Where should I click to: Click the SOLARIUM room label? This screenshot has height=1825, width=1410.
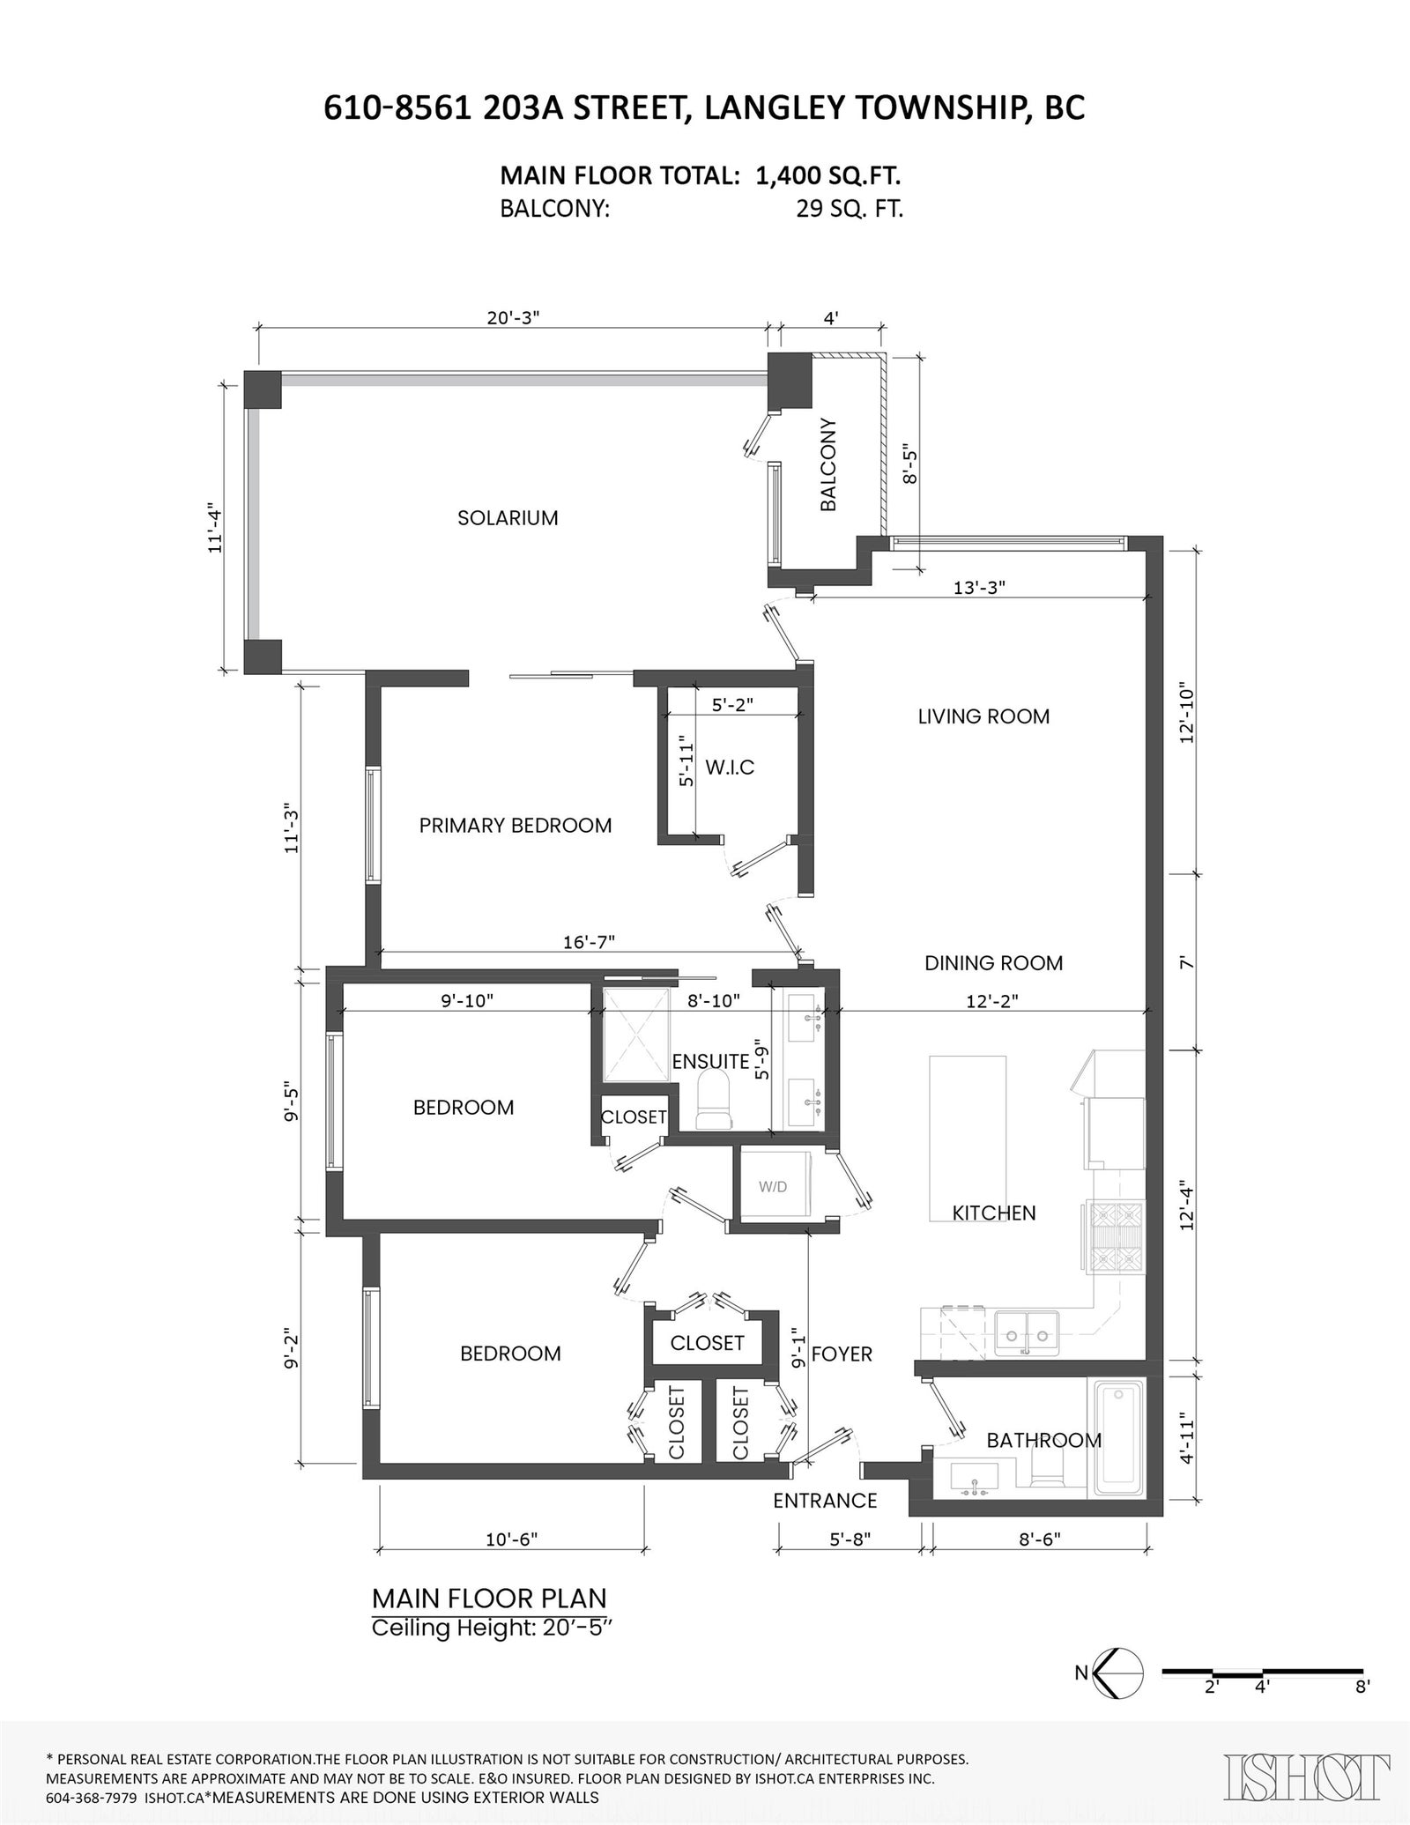pos(508,518)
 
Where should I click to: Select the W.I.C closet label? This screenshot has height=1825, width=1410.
pos(730,768)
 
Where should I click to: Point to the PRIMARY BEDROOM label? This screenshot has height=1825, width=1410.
pos(516,826)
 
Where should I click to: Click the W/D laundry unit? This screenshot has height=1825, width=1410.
pos(773,1186)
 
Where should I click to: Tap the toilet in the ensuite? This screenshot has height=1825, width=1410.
pos(714,1102)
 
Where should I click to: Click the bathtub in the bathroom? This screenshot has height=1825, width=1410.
pos(1119,1438)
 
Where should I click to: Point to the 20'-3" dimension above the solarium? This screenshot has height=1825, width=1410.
pos(513,317)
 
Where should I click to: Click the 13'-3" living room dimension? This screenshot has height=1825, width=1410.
pos(980,588)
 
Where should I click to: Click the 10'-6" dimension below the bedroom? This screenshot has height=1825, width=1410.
pos(511,1563)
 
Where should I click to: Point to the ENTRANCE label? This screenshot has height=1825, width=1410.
pos(825,1500)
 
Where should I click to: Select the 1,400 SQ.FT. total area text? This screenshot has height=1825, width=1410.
pos(827,176)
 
